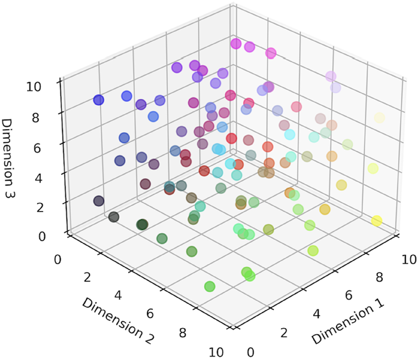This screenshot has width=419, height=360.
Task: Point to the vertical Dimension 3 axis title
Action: point(10,157)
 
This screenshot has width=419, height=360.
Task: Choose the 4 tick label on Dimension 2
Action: point(118,296)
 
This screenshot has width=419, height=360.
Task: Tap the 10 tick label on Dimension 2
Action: point(215,352)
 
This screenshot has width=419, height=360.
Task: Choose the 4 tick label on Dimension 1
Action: point(317,313)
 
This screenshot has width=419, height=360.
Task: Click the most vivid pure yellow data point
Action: point(376,221)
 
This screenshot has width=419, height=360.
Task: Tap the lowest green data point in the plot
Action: point(210,286)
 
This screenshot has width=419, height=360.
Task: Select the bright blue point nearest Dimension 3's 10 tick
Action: point(99,100)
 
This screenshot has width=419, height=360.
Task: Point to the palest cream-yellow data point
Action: point(379,117)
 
